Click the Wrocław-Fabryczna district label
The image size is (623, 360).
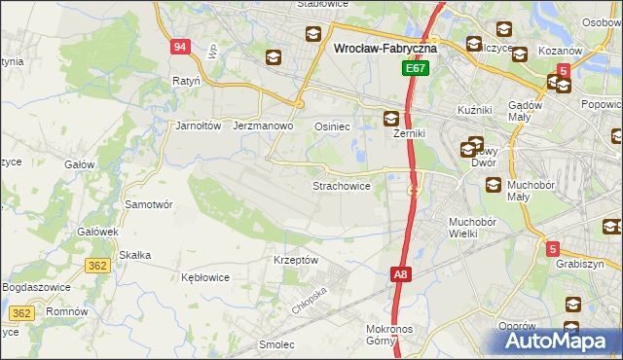point(385,46)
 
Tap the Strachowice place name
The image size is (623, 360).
point(341,185)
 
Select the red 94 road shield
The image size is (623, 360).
point(178,47)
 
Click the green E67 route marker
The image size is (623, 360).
point(416,68)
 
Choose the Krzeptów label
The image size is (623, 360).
point(296,260)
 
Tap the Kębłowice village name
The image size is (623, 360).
point(205,277)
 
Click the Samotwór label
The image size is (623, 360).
point(149,204)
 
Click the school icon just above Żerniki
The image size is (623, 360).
point(391,119)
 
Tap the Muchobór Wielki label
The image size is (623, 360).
point(473,228)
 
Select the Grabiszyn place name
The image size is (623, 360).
point(580,264)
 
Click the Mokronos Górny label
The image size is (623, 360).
point(396,335)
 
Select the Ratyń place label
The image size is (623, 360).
point(186,81)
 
